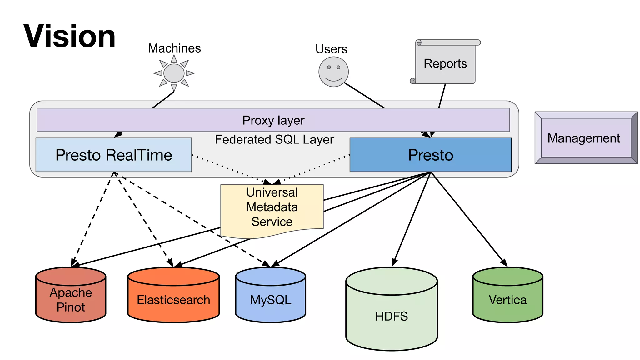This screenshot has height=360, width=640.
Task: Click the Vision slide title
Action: coord(69,36)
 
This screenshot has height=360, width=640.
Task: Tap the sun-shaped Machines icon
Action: coord(174,73)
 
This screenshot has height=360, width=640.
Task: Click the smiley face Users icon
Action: coord(333,72)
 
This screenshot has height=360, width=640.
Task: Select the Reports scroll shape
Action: coord(445,63)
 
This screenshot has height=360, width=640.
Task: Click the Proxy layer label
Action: coord(273,120)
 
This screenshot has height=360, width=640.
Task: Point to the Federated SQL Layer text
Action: coord(274,139)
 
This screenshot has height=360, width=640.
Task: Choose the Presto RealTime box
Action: coord(114,155)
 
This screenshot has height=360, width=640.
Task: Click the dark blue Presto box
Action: coord(430,155)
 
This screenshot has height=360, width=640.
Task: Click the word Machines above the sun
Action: coord(174,48)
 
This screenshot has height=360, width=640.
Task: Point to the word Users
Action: coord(331,49)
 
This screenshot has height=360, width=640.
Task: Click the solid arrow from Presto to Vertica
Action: coord(469,219)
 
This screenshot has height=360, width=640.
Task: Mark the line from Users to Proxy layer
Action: coord(364,95)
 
